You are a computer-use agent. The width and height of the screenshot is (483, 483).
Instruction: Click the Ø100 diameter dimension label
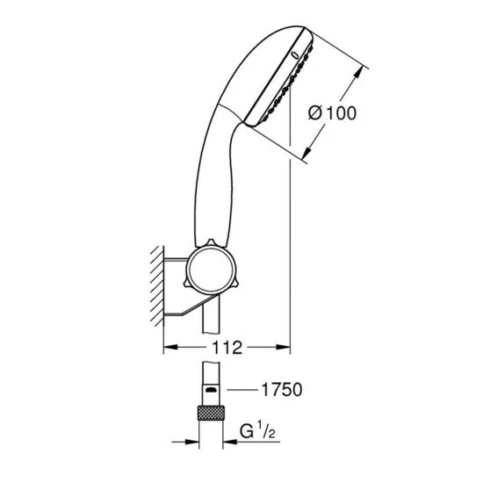332,112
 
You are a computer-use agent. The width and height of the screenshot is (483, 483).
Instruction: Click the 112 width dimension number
227,348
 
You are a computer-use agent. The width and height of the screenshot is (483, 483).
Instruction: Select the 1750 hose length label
282,390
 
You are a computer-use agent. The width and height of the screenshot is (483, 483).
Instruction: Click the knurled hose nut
211,413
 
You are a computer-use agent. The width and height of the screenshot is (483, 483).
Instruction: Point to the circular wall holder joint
211,270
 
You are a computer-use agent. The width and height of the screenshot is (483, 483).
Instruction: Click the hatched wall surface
157,285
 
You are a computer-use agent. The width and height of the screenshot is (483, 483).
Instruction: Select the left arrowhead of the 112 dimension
170,347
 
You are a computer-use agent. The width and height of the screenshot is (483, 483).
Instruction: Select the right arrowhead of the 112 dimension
283,347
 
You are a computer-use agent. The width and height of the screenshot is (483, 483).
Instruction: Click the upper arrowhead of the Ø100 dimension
357,74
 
